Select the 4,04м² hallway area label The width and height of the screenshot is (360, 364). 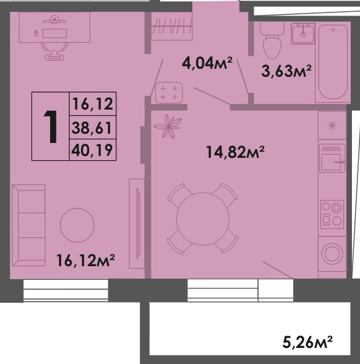click(207, 63)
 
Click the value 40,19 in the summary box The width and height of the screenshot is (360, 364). click(93, 149)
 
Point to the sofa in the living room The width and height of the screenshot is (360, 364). click(32, 225)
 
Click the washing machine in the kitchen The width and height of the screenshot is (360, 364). click(332, 253)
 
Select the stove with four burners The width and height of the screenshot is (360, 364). click(332, 214)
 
